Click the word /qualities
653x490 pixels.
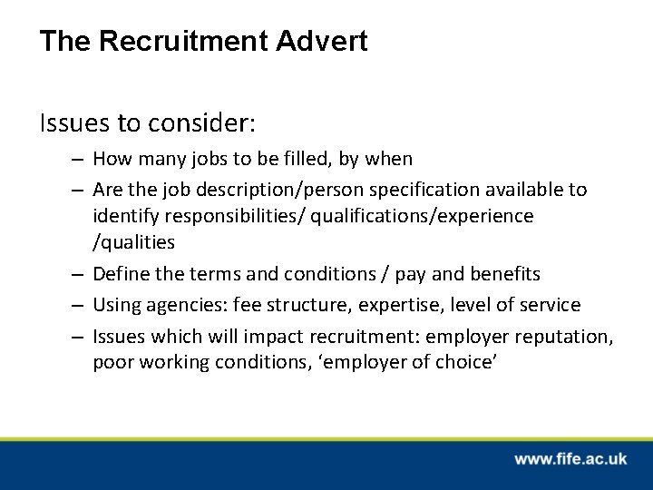(133, 242)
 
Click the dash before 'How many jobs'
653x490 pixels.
(79, 160)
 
